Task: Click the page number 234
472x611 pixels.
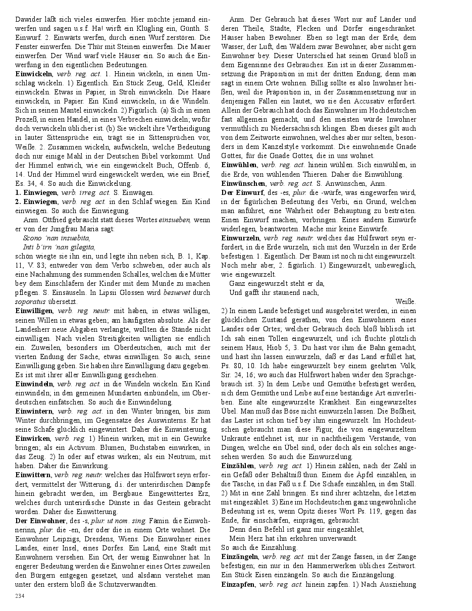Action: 20,596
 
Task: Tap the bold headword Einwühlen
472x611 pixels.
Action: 239,165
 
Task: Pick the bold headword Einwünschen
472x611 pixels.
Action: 244,183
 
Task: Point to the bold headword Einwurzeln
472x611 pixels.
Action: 240,238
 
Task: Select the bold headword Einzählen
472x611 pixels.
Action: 238,465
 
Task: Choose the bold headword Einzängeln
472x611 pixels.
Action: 240,556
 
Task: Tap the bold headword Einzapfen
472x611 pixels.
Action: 238,584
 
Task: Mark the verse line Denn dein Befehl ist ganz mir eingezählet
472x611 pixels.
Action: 296,529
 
